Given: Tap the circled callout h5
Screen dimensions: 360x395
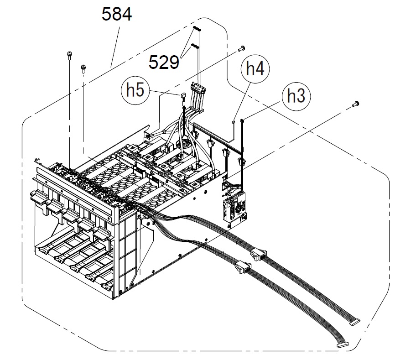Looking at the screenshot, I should tap(135, 90).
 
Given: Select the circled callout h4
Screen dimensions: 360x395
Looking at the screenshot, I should tap(255, 69).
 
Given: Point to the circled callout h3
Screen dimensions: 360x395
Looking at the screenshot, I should tap(296, 97).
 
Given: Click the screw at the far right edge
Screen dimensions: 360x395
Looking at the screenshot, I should tap(356, 104).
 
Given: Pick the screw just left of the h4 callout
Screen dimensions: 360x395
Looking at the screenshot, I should tap(241, 48).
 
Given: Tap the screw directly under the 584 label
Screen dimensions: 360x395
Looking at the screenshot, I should tap(83, 68).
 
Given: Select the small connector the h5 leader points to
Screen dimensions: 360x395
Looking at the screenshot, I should tap(183, 96).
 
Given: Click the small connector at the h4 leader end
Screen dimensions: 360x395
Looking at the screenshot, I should tap(234, 121).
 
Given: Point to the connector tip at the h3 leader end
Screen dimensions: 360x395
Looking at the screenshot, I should tap(242, 120).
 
